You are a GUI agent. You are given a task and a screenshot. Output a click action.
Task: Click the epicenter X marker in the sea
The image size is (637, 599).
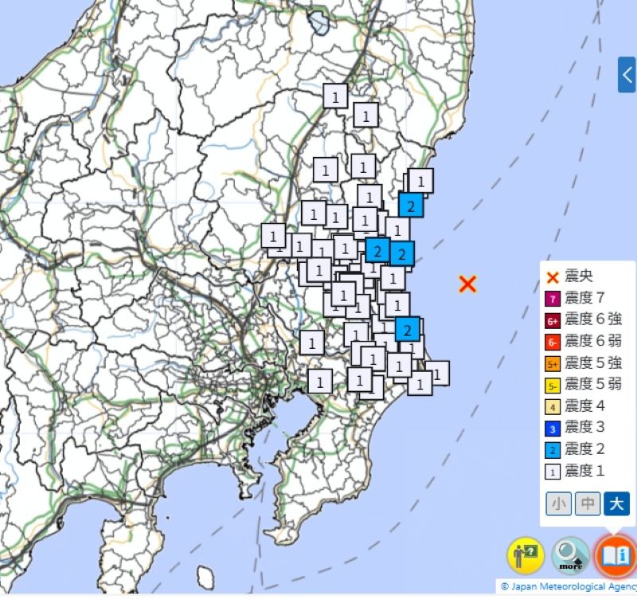coord(467,284)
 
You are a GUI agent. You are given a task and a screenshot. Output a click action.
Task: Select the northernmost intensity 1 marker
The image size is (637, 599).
coord(336,96)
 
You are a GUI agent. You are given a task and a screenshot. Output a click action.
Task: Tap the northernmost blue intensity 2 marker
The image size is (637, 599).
coord(410,206)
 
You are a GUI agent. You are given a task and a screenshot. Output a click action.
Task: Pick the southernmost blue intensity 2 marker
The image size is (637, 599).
coord(407,328)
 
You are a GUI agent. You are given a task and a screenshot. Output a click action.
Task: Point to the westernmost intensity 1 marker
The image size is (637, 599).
coord(273,236)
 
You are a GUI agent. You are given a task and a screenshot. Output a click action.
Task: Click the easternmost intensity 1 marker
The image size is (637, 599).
coord(436,372)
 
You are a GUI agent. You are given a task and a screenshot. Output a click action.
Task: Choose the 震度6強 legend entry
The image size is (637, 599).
coord(586,320)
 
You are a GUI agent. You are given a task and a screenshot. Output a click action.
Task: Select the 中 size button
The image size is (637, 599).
coord(588,503)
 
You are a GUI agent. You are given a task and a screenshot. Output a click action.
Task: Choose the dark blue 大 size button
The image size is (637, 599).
coord(616,503)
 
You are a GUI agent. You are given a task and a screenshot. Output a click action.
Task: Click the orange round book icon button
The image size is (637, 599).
coord(616,554)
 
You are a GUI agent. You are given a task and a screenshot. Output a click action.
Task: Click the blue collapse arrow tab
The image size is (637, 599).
coord(627,75)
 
